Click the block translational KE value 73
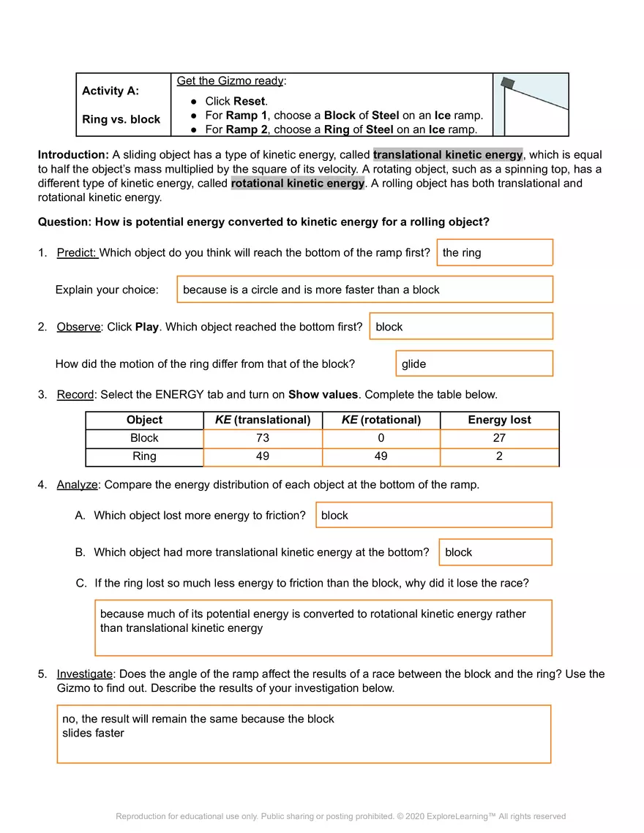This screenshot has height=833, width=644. click(x=263, y=438)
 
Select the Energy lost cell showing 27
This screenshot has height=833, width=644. click(x=499, y=438)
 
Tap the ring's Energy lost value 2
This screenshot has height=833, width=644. click(x=499, y=456)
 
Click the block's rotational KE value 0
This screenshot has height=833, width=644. click(x=381, y=438)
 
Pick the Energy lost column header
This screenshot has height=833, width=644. click(x=499, y=420)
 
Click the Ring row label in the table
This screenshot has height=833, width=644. click(x=144, y=456)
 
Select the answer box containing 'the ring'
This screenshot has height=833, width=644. click(x=495, y=252)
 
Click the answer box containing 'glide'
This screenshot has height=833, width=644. click(x=474, y=363)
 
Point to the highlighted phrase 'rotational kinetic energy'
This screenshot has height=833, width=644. click(x=298, y=184)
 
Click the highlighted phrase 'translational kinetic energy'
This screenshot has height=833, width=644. click(x=448, y=155)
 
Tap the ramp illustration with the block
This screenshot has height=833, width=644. click(x=531, y=105)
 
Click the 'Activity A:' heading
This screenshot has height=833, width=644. click(x=111, y=91)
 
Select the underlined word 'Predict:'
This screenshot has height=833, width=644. click(x=77, y=253)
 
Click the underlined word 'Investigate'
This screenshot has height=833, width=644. click(x=84, y=674)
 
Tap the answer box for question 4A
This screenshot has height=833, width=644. click(x=433, y=515)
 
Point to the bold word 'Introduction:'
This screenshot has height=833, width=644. click(x=73, y=155)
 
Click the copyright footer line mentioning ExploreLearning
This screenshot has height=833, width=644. click(x=340, y=816)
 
